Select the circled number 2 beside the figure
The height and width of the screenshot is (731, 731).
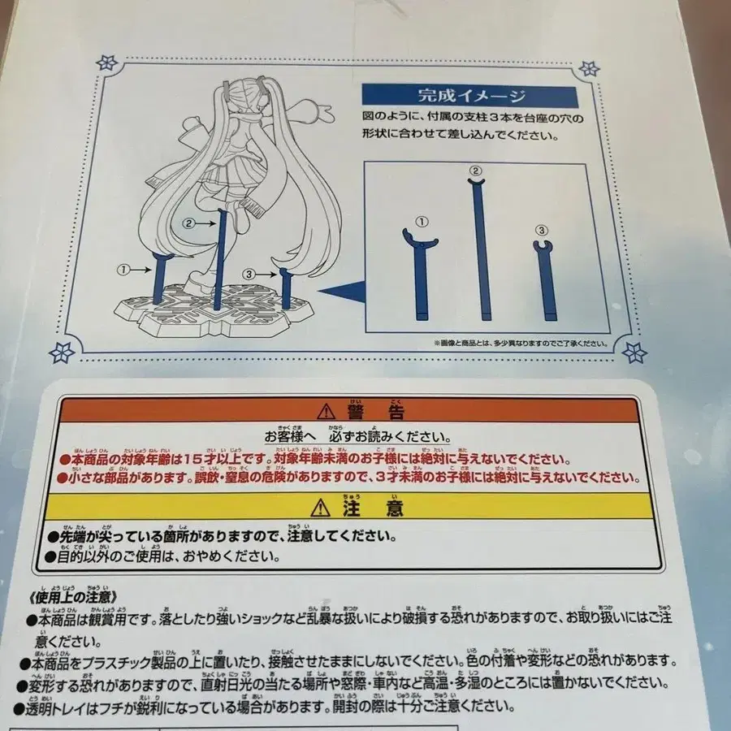pyautogui.click(x=188, y=221)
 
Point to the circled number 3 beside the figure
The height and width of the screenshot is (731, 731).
pyautogui.click(x=249, y=275)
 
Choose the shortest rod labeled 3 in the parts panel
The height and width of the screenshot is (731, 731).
pyautogui.click(x=542, y=280)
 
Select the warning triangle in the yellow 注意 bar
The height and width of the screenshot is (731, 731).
pyautogui.click(x=325, y=509)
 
